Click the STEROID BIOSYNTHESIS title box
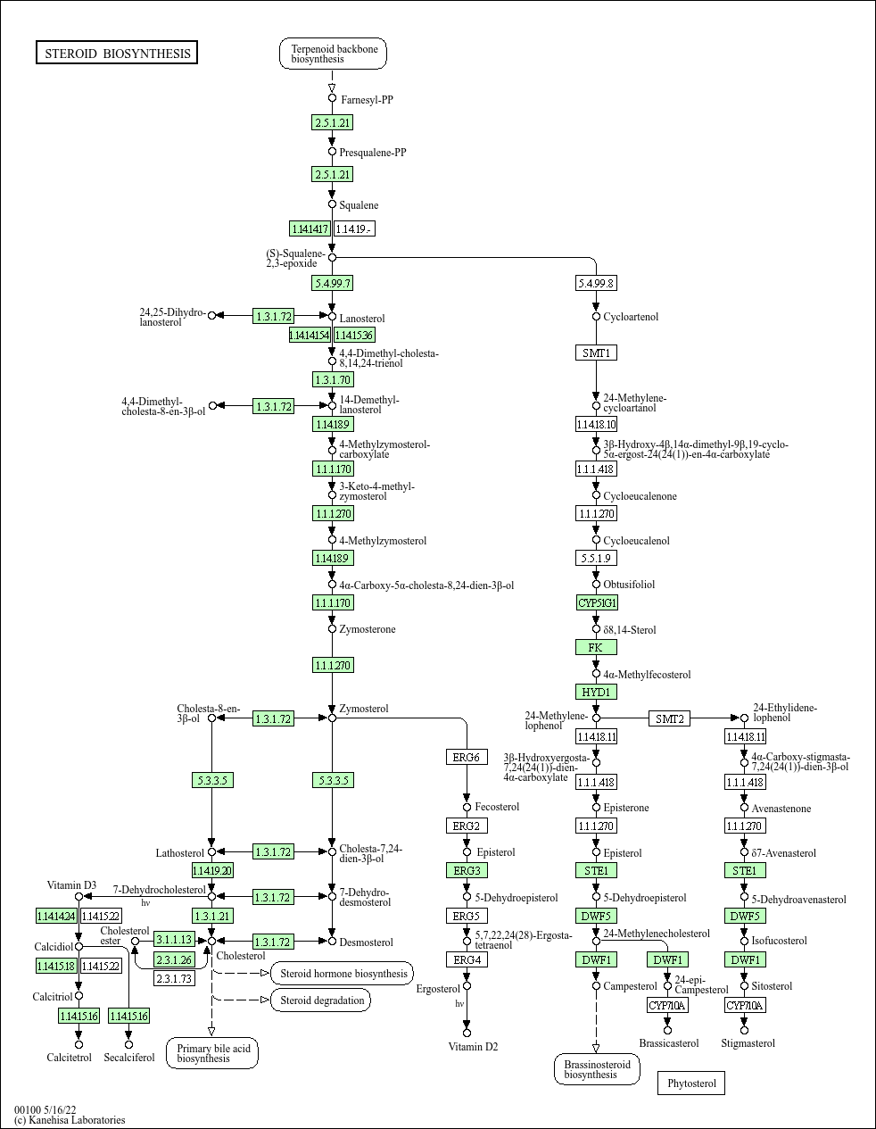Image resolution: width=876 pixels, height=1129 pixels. click(117, 54)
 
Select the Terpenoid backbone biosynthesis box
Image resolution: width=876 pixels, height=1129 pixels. click(334, 54)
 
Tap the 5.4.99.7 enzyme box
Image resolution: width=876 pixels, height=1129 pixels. click(332, 283)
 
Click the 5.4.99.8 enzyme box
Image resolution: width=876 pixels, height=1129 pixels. click(596, 283)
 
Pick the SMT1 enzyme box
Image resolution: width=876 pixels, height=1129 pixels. click(596, 353)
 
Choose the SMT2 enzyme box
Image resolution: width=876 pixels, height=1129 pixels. click(669, 718)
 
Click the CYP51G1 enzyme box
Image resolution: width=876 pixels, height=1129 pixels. click(597, 602)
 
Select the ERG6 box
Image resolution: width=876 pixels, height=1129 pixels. click(467, 758)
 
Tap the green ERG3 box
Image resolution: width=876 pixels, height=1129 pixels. click(467, 870)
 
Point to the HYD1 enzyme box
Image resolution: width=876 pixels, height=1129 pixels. click(596, 692)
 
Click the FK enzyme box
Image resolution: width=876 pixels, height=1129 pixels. click(596, 647)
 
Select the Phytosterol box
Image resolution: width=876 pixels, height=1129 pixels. click(691, 1083)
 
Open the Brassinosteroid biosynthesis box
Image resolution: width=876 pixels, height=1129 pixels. click(597, 1069)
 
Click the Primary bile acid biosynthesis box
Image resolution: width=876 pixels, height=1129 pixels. click(212, 1053)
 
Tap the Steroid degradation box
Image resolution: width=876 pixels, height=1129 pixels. click(321, 1000)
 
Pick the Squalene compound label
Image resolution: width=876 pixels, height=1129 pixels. click(359, 205)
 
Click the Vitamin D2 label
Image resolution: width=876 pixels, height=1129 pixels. click(473, 1047)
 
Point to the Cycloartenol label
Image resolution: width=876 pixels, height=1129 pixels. click(631, 317)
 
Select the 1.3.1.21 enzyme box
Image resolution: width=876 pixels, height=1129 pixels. click(212, 916)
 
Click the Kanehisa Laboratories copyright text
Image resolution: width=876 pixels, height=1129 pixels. click(70, 1120)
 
